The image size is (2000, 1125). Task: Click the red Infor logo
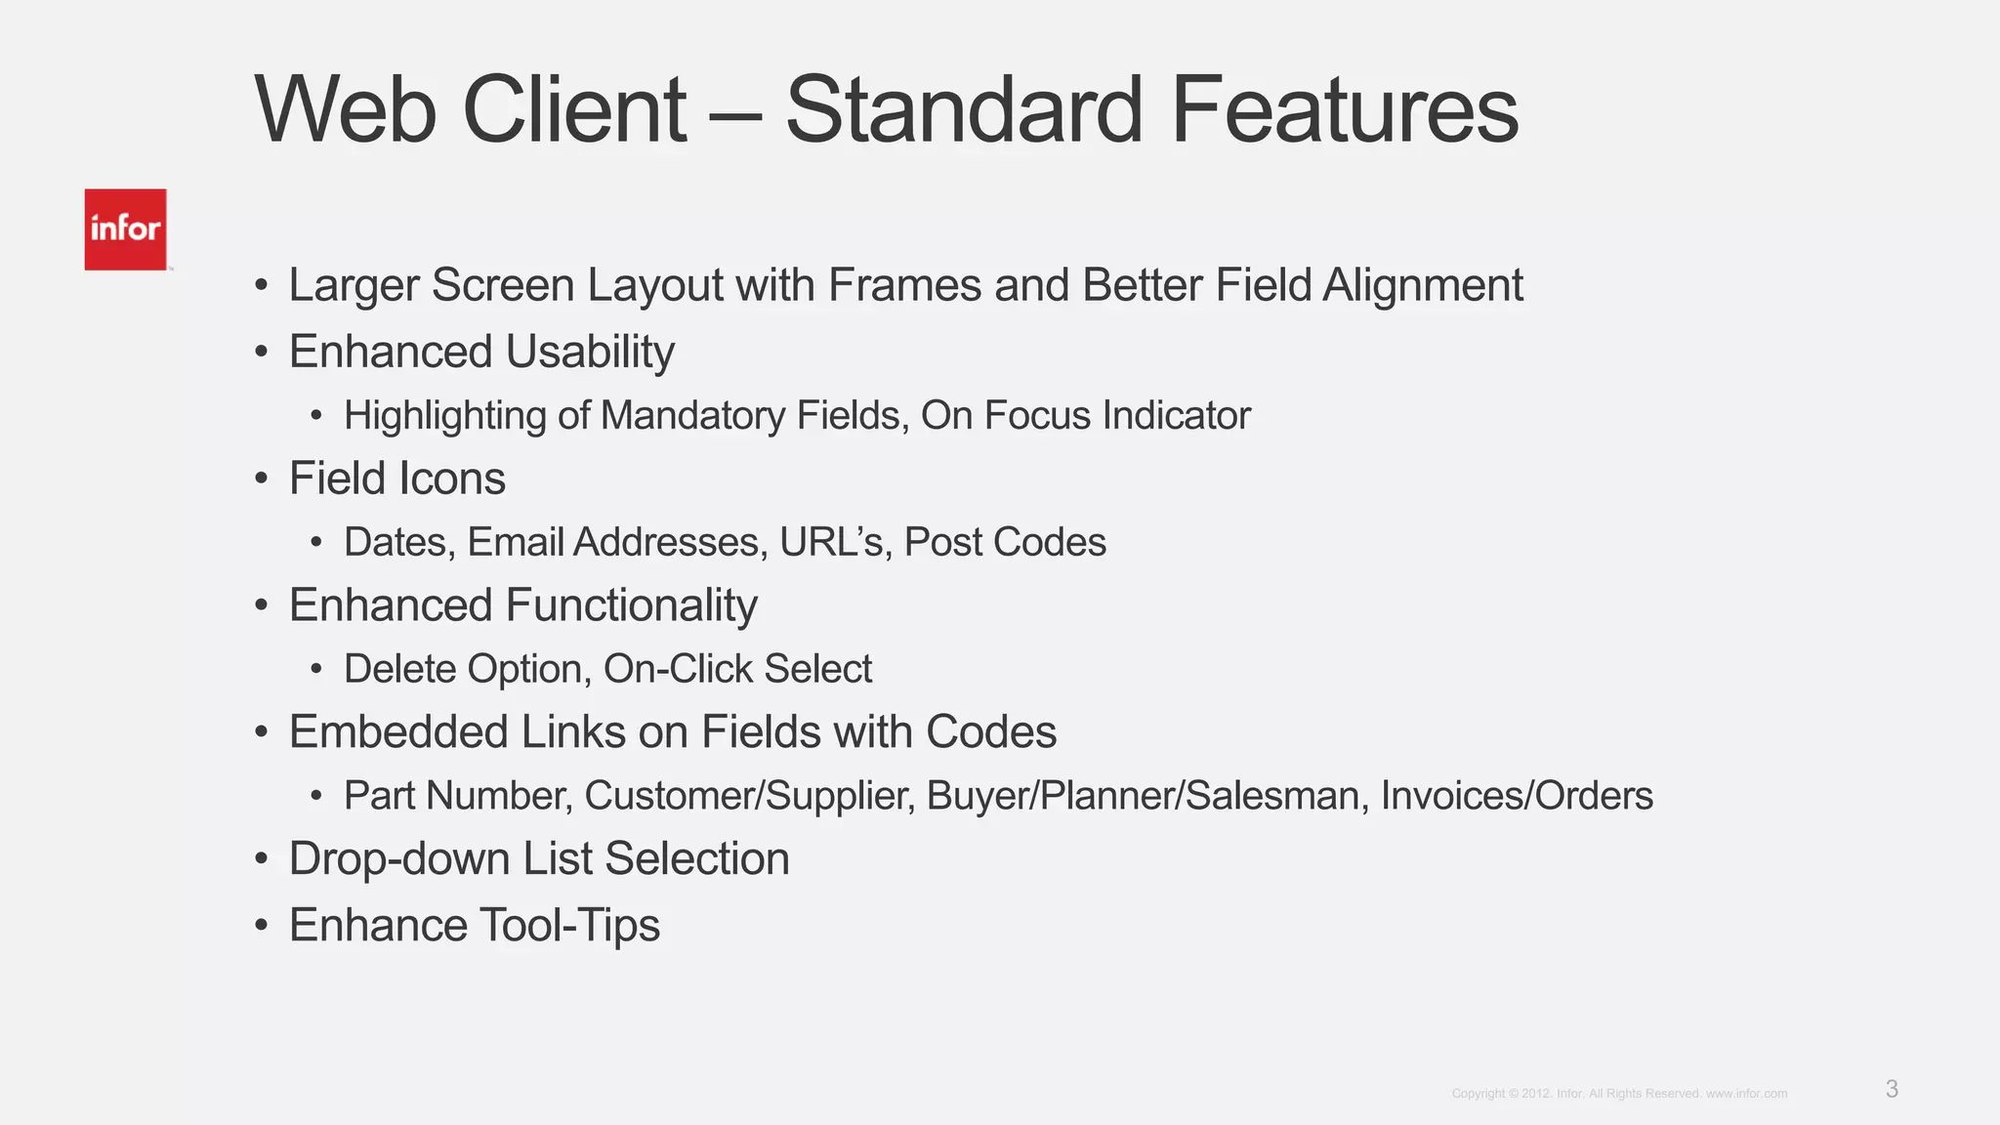pos(125,229)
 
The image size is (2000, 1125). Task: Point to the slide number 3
pos(1892,1089)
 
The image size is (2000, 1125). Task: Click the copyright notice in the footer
pos(1619,1094)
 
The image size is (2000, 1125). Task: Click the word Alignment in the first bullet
pos(1423,286)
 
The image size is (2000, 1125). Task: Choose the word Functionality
pos(631,605)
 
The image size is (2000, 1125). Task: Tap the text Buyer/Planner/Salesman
pos(1143,796)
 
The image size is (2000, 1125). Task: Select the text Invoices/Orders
pos(1517,796)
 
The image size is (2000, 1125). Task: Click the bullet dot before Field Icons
pos(261,479)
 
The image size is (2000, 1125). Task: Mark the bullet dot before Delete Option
pos(316,670)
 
